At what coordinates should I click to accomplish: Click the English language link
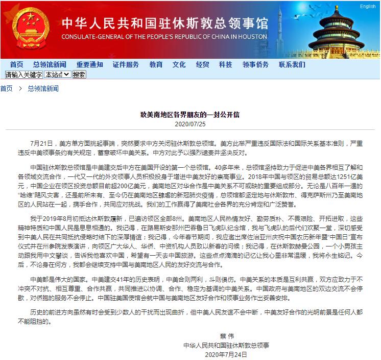tap(367, 7)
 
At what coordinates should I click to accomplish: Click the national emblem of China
tap(28, 30)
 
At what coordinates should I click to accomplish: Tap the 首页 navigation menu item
tap(16, 64)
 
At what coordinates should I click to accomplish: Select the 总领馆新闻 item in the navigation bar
tap(50, 64)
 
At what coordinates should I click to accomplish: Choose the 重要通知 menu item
tap(90, 64)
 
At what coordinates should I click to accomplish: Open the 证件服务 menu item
tap(126, 64)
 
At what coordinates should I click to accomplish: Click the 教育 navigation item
tap(156, 64)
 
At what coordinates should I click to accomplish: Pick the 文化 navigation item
tap(179, 64)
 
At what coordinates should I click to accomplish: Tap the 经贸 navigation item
tap(202, 64)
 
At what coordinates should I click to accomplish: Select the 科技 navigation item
tap(225, 64)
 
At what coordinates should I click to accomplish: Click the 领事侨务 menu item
tap(255, 64)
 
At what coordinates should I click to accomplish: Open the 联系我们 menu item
tap(292, 64)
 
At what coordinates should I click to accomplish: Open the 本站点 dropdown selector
tap(57, 74)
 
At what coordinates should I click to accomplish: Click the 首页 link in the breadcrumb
tap(7, 88)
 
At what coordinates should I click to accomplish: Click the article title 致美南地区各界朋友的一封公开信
tap(190, 115)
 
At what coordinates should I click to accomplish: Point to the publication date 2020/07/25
tap(190, 124)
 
